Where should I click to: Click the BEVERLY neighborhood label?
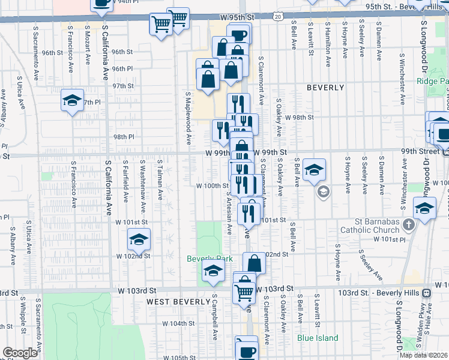tap(325, 88)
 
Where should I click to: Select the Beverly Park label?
tap(209, 259)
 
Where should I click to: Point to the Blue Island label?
tap(318, 338)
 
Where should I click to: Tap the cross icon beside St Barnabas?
tap(409, 225)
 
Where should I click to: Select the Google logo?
tap(20, 352)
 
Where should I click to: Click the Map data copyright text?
tap(423, 355)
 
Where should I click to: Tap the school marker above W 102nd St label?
tap(139, 240)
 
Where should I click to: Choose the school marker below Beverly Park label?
tap(212, 271)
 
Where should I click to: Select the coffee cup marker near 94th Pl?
tap(101, 3)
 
